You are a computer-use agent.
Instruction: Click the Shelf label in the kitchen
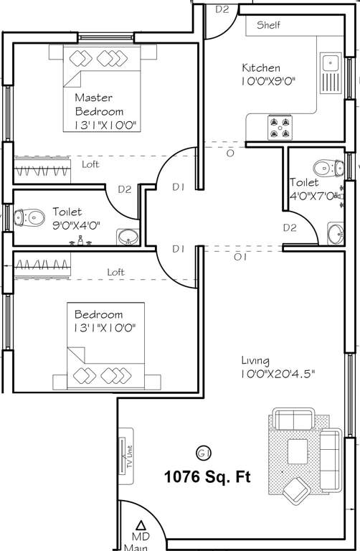269,25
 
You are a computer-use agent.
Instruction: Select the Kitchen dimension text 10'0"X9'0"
269,82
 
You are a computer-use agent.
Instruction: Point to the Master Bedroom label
99,104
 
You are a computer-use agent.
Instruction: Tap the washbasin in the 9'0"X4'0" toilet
128,236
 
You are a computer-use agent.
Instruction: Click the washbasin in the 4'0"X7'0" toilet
335,232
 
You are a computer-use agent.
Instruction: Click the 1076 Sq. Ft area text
207,477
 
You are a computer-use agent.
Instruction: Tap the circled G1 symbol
203,452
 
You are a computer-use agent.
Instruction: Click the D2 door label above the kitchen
222,9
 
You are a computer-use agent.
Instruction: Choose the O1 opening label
240,256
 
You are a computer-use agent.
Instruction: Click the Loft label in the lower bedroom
115,272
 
